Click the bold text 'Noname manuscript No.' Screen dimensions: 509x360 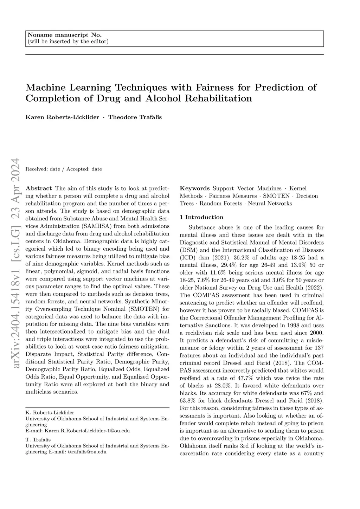click(x=64, y=35)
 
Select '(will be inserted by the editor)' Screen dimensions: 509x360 click(x=68, y=41)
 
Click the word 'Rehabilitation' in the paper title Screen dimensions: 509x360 click(x=218, y=98)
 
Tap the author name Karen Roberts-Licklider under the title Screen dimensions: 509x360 click(x=62, y=117)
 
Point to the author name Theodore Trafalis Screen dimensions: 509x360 click(x=135, y=117)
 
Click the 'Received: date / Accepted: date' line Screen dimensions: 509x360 click(x=64, y=169)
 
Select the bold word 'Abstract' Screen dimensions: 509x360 click(x=39, y=188)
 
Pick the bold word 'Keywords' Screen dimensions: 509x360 click(x=195, y=188)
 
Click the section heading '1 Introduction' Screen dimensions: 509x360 click(x=201, y=217)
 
